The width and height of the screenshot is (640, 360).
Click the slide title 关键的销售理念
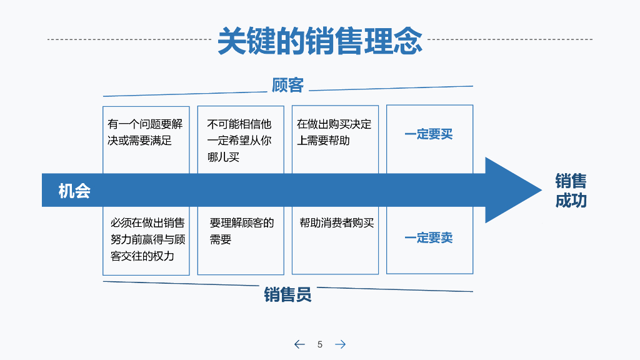pyautogui.click(x=319, y=41)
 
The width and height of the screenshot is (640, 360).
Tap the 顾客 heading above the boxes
pyautogui.click(x=287, y=85)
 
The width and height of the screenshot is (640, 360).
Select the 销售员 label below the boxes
pyautogui.click(x=287, y=294)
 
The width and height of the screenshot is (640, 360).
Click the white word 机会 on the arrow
pyautogui.click(x=74, y=191)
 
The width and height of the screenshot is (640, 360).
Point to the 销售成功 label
pyautogui.click(x=571, y=191)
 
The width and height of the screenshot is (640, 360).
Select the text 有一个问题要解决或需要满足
pyautogui.click(x=145, y=132)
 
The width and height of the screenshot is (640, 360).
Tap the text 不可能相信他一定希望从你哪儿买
pyautogui.click(x=240, y=141)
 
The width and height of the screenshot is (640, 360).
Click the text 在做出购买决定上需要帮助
pyautogui.click(x=334, y=132)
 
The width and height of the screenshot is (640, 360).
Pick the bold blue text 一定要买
pyautogui.click(x=429, y=134)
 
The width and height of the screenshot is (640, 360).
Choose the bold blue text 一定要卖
pyautogui.click(x=429, y=237)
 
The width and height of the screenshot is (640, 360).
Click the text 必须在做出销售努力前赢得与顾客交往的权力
pyautogui.click(x=147, y=239)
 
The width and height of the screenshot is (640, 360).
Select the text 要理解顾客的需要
pyautogui.click(x=241, y=231)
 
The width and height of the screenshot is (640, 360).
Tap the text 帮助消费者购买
pyautogui.click(x=336, y=222)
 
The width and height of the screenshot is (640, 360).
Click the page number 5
pyautogui.click(x=320, y=344)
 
